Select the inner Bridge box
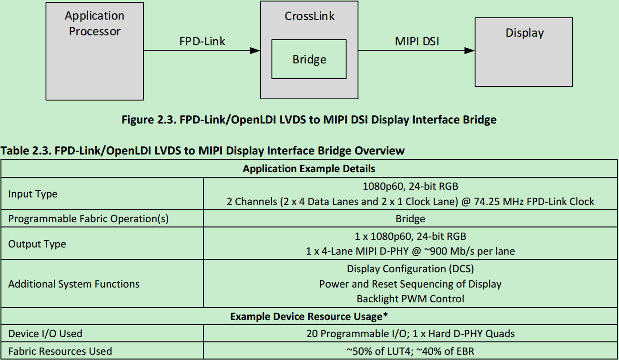tap(309, 59)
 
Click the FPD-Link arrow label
tap(202, 41)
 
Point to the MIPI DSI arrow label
tap(417, 41)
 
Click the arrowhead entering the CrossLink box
tap(255, 51)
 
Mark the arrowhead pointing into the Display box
tap(469, 51)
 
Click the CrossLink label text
tap(309, 16)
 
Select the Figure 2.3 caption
tap(309, 120)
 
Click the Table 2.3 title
tap(203, 151)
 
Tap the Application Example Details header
tap(309, 169)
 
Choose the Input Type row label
tap(33, 194)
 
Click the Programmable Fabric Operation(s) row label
tap(89, 219)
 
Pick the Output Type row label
tap(37, 244)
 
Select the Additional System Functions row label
tap(74, 284)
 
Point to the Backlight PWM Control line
tap(410, 299)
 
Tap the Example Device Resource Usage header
tap(309, 317)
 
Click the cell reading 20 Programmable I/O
tap(410, 334)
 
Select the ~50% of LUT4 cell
tap(410, 351)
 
